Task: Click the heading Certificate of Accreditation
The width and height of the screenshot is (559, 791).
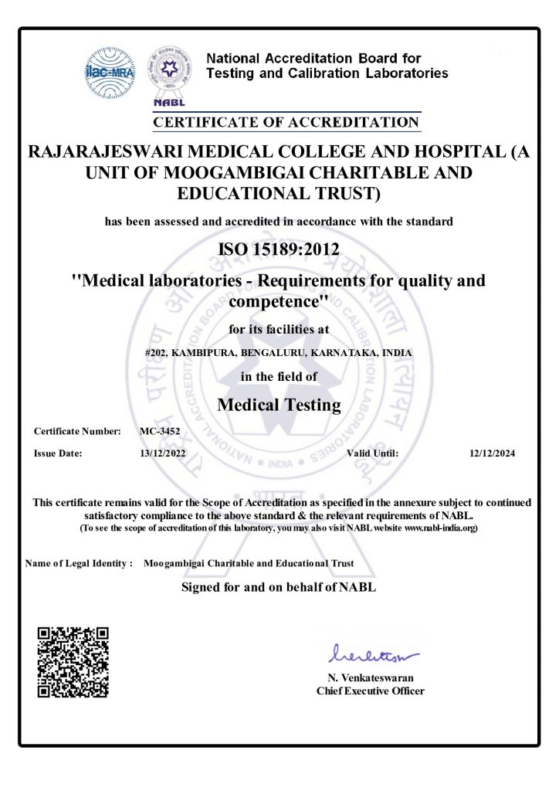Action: [x=286, y=122]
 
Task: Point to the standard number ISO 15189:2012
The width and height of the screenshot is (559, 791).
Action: [x=279, y=249]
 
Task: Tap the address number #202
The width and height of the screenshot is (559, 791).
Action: [x=156, y=352]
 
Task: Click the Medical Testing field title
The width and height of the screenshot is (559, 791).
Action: [x=279, y=404]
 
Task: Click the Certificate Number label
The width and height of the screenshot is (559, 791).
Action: [x=77, y=431]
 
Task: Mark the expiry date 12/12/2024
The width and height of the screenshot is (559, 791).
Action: [x=492, y=453]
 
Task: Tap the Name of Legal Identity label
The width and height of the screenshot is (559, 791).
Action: [x=80, y=564]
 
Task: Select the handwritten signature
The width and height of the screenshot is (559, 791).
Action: [x=372, y=657]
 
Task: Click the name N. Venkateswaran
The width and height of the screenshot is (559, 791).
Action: [x=371, y=678]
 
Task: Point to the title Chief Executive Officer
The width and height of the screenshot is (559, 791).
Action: [x=371, y=691]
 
